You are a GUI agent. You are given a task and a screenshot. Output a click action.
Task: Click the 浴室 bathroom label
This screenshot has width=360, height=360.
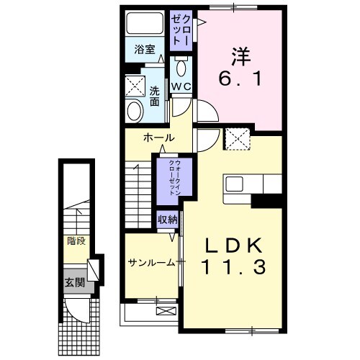[x=145, y=50]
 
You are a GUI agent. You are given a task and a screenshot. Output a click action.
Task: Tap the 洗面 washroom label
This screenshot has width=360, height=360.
[x=154, y=96]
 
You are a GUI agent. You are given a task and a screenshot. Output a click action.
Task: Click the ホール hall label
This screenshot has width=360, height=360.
[x=158, y=137]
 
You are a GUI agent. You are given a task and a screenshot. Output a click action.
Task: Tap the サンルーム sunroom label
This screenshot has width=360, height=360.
[x=151, y=262]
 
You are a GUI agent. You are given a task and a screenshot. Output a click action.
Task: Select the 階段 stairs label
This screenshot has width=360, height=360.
[x=75, y=241]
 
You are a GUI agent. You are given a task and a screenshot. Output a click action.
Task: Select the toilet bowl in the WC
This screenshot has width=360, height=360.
[x=180, y=69]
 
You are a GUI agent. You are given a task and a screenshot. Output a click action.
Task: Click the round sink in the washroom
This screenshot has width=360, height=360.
[x=134, y=110]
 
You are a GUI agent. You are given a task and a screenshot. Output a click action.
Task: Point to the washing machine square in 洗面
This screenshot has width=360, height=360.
[x=134, y=85]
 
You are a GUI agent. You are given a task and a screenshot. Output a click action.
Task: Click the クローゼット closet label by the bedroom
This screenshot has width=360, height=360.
[x=179, y=30]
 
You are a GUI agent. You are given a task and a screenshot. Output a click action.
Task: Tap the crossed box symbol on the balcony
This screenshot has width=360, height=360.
[x=166, y=311]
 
